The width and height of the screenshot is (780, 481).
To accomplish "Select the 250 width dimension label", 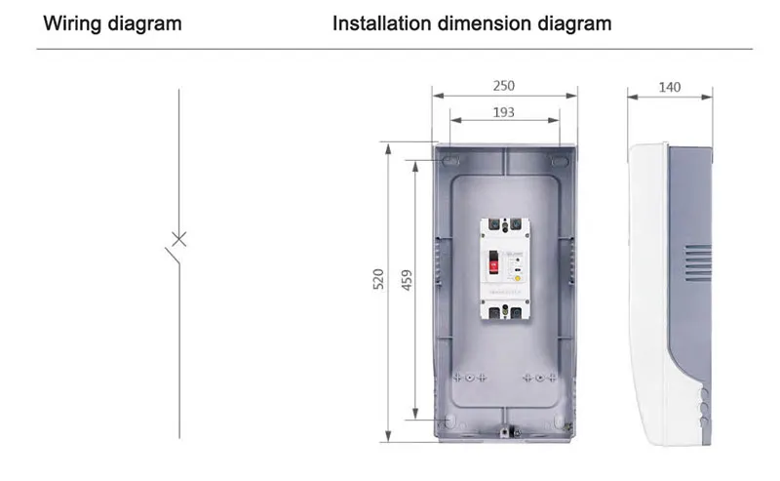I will coord(505,86).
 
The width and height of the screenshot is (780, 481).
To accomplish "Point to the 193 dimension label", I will coord(504,112).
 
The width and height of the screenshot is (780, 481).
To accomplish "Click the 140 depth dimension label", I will coord(670,87).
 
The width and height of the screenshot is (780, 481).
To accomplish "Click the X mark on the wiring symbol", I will coord(178,238).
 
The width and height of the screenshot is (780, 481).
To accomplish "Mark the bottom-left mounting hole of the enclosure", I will coord(448,421).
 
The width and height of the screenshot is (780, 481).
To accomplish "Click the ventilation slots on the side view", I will coord(696,261).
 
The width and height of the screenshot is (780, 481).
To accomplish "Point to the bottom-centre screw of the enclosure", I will coord(504,430).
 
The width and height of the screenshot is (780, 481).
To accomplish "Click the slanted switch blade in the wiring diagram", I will coord(172,254).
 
